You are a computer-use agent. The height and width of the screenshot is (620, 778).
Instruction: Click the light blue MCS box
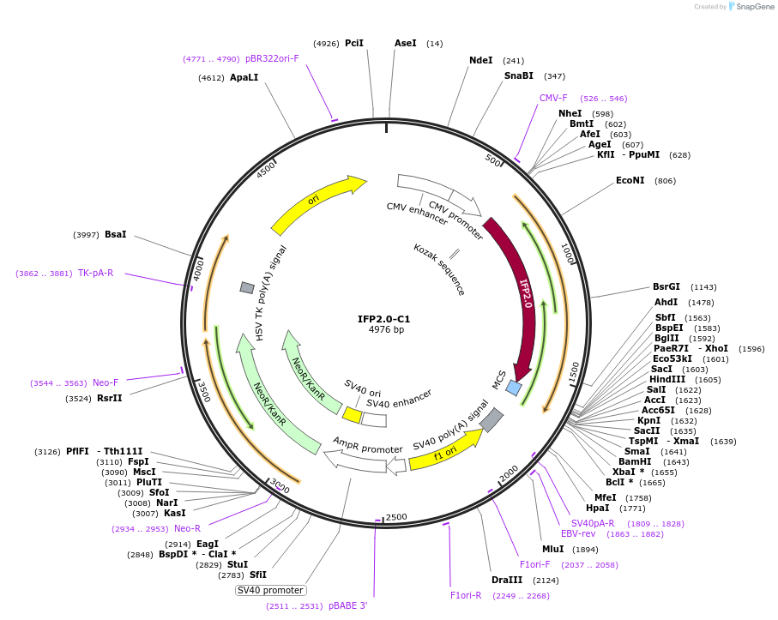(514, 388)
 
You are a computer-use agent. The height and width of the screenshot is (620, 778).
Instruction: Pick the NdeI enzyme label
(481, 60)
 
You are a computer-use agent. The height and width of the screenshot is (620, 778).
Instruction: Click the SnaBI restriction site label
(518, 75)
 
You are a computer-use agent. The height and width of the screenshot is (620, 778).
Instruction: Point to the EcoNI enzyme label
(630, 181)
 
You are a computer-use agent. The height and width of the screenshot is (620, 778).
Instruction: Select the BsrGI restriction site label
(666, 287)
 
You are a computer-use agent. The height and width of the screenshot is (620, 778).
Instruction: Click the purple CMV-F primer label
(553, 98)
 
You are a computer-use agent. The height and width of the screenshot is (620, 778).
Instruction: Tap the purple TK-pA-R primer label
(95, 274)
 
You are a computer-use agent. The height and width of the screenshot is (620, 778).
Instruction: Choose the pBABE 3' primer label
(347, 606)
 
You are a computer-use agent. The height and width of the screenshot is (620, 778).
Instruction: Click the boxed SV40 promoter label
(270, 590)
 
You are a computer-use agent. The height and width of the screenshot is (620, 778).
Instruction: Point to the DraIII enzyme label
(506, 581)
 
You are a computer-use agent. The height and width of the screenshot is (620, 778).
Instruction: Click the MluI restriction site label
(552, 550)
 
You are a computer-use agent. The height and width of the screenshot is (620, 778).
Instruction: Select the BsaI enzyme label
(115, 234)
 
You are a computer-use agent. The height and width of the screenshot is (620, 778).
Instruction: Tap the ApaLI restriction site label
(244, 77)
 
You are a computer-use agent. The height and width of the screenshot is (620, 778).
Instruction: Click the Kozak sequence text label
(439, 269)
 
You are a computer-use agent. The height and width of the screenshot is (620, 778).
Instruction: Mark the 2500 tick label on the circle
(395, 517)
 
